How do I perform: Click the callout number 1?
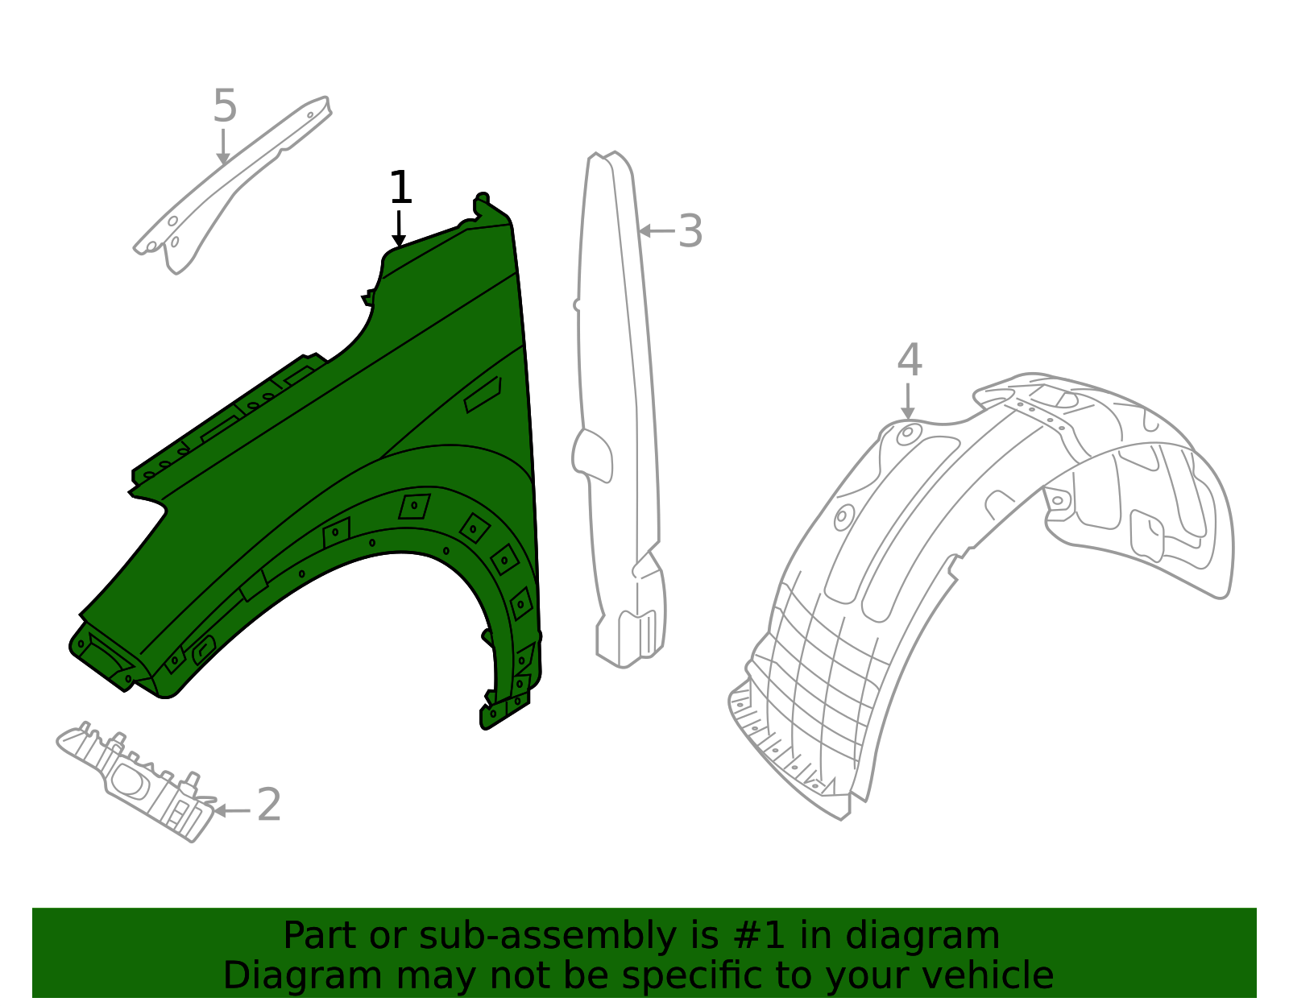point(400,188)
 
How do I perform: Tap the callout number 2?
point(269,805)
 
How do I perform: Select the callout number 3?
point(690,232)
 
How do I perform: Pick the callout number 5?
point(225,106)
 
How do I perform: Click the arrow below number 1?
point(399,229)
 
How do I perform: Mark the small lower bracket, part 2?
point(137,777)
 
